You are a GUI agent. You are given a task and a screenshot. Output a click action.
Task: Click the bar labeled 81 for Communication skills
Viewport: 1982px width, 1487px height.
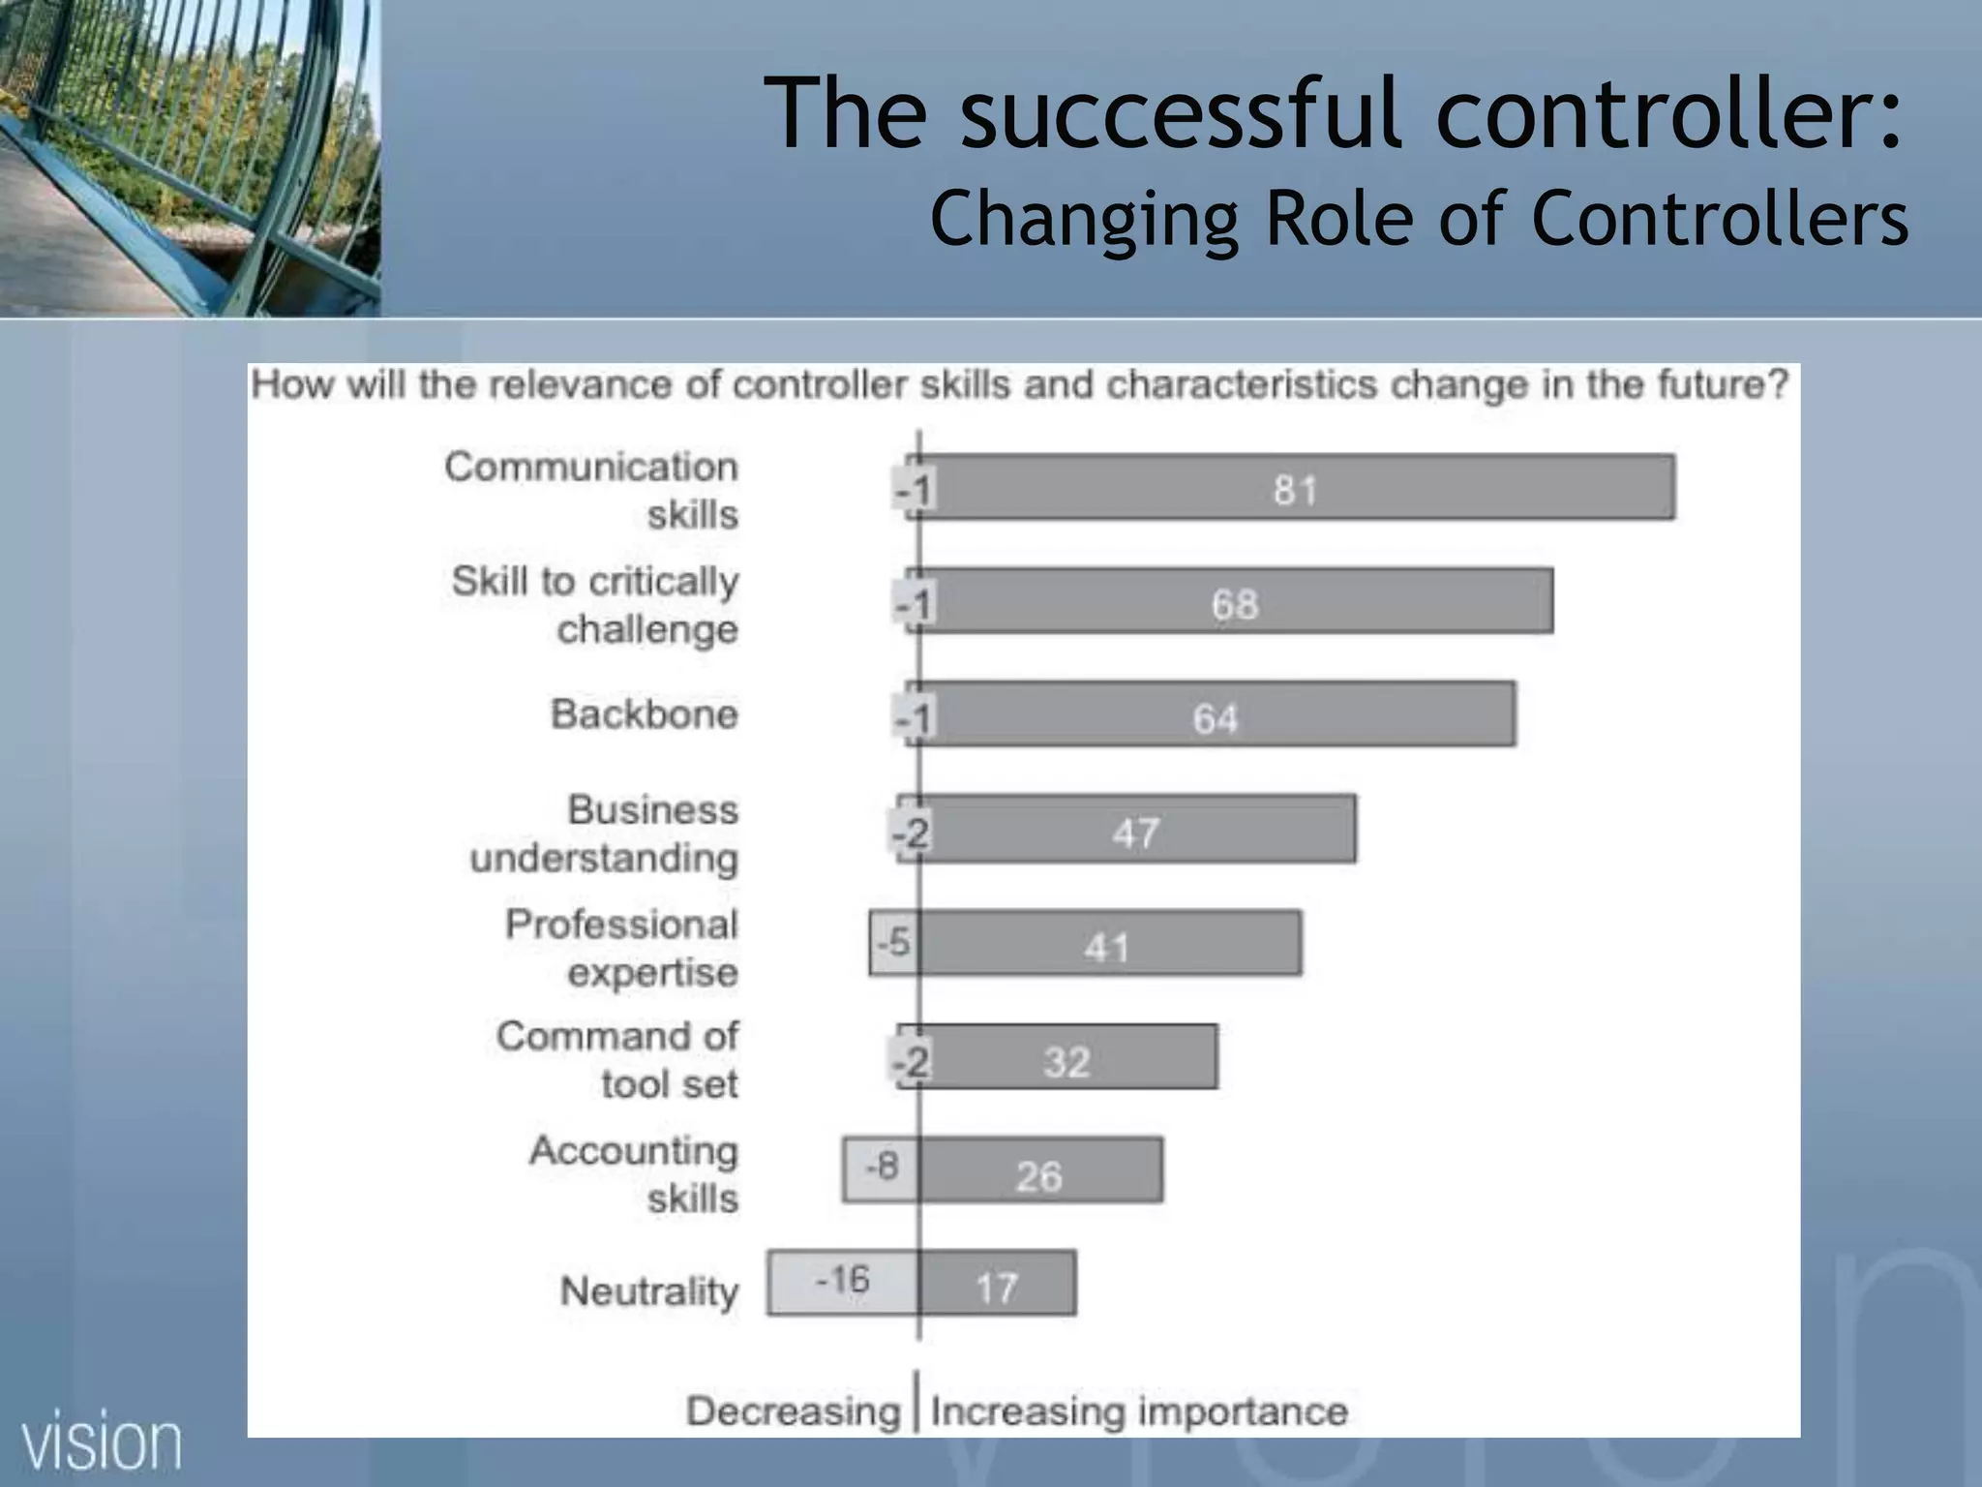[1297, 487]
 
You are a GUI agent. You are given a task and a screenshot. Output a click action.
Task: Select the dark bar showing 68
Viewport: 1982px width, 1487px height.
[1236, 601]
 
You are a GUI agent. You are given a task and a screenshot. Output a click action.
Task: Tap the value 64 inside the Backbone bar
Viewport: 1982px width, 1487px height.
[1215, 718]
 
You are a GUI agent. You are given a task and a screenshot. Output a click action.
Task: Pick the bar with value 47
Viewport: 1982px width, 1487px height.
[1137, 830]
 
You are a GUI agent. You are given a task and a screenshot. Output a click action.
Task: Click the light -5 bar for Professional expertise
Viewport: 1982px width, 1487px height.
[892, 942]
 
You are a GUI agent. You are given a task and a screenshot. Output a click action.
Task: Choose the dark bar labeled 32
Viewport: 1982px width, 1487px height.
[1067, 1057]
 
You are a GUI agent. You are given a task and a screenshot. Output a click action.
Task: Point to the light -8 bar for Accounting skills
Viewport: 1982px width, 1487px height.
[880, 1168]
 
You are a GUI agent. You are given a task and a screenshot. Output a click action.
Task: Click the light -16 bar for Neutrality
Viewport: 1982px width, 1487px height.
[842, 1282]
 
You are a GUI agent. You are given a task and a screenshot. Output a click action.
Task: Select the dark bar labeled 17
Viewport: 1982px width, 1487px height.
[997, 1284]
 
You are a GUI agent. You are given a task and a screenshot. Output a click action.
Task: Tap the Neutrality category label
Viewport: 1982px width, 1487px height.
[649, 1290]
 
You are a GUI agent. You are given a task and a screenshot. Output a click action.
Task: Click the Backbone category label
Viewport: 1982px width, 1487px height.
[645, 714]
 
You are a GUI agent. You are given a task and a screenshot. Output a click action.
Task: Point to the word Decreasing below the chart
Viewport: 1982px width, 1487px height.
[793, 1411]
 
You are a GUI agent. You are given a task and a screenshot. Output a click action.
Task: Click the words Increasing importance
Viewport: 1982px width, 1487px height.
[1139, 1411]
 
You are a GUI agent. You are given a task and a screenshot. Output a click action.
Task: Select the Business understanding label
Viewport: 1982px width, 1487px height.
[605, 834]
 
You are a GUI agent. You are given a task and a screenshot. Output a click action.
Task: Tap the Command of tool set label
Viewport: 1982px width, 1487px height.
[617, 1059]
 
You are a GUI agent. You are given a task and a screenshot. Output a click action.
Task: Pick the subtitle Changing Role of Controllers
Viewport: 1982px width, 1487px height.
[1419, 219]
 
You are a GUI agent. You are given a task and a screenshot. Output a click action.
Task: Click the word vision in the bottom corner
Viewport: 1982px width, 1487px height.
[102, 1443]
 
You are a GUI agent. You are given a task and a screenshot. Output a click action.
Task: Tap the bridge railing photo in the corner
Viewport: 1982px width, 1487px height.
[190, 157]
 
